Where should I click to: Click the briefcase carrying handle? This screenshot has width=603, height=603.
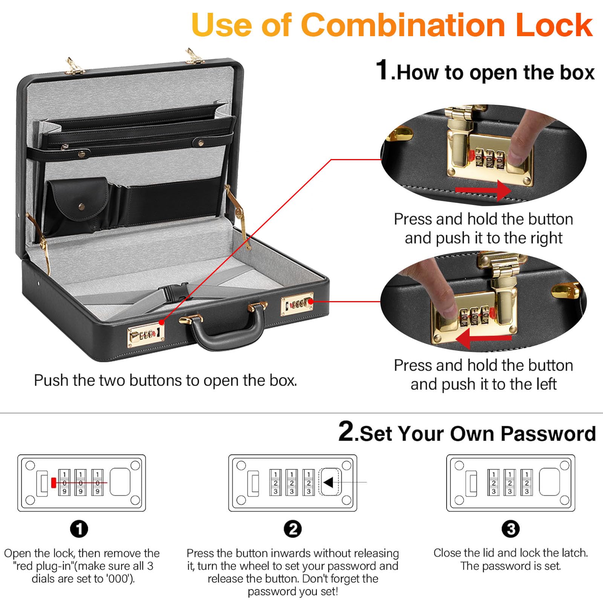(x=226, y=332)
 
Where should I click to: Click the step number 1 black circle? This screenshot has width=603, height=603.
(x=79, y=529)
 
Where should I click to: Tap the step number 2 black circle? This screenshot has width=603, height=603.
(x=293, y=529)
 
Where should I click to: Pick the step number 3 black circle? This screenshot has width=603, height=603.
(x=511, y=529)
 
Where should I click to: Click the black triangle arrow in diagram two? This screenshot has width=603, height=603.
(x=328, y=482)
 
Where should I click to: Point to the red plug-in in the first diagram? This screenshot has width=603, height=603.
(x=54, y=482)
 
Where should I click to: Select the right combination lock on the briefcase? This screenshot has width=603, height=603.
(x=297, y=304)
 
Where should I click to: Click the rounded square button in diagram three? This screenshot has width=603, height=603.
(x=551, y=482)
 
